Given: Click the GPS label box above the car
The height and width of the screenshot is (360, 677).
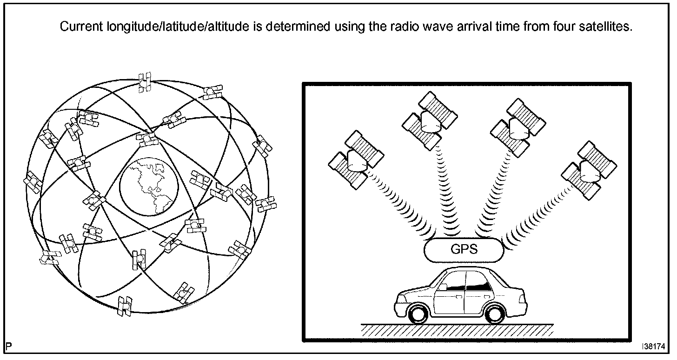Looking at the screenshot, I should [464, 249].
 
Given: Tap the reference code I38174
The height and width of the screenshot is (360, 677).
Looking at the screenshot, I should [653, 347].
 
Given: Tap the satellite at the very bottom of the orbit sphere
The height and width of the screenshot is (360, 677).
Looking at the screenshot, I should [125, 306].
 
